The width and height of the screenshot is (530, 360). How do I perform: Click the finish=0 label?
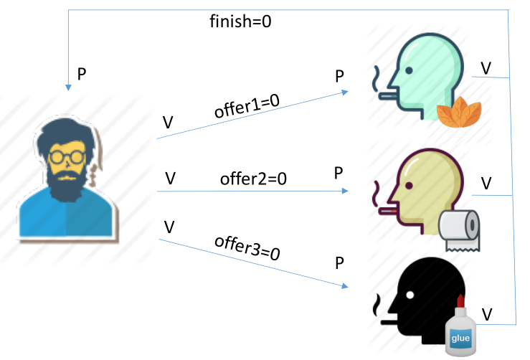240,22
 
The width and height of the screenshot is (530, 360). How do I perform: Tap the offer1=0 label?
247,105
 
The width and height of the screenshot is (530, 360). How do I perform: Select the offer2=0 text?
253,179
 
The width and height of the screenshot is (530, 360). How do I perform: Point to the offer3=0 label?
247,248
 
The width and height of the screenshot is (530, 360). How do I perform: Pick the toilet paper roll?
459,230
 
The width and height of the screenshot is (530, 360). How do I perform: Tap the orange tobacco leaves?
459,112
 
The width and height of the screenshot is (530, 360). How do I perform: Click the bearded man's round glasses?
67,157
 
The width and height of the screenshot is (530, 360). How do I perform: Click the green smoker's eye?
409,71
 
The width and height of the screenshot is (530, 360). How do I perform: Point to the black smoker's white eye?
410,295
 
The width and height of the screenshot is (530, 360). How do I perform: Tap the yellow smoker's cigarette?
388,212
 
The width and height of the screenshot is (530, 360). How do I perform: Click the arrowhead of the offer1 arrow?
345,92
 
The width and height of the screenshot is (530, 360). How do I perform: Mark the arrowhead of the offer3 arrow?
345,286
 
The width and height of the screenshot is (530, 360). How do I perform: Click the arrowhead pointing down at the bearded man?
68,88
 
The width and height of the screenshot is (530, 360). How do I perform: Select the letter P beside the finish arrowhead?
82,74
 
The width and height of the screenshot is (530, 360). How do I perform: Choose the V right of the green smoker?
486,68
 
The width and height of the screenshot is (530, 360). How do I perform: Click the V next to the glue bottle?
487,315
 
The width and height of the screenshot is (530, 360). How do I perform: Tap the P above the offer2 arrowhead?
339,173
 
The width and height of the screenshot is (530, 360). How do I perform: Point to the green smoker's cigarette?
388,96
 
